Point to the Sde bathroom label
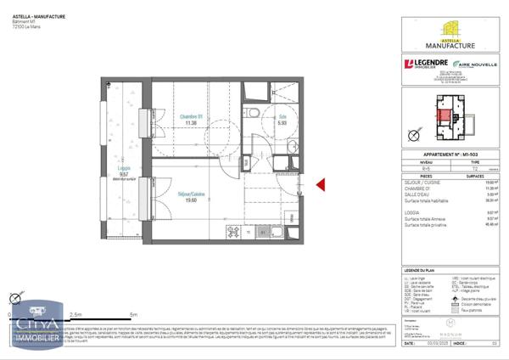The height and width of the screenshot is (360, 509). tap(282, 117)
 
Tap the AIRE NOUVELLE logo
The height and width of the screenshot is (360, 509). tap(474, 65)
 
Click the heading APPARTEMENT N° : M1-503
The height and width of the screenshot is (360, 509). tap(446, 155)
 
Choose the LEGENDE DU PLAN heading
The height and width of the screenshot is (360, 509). tap(446, 269)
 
